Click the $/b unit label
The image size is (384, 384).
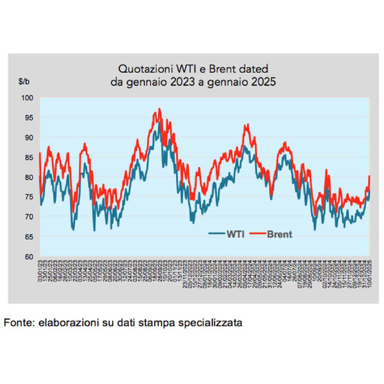coord(24,81)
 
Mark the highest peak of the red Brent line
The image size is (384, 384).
coord(160,109)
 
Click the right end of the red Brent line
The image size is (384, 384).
coord(370,176)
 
